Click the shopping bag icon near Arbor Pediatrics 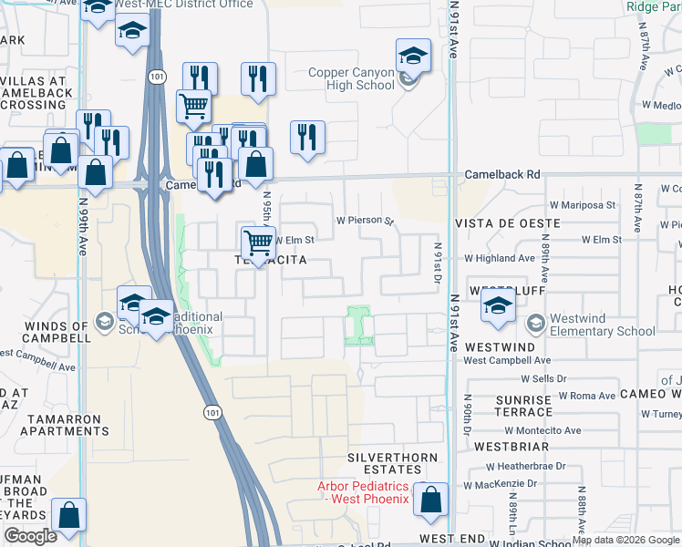click(x=430, y=500)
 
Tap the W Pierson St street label click(x=364, y=221)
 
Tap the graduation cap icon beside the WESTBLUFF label click(x=499, y=307)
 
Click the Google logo click(x=30, y=536)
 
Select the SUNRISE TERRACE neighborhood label click(x=524, y=406)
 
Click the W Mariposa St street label click(x=584, y=206)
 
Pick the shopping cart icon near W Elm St click(x=259, y=243)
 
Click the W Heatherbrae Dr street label click(x=522, y=465)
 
